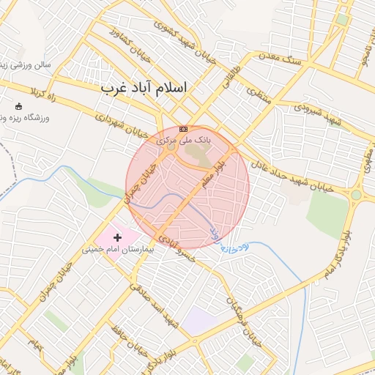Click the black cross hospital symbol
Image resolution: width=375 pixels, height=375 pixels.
[117, 237]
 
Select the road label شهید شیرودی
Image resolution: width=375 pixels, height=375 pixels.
[320, 111]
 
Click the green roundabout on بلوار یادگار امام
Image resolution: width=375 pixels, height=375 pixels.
[356, 195]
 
